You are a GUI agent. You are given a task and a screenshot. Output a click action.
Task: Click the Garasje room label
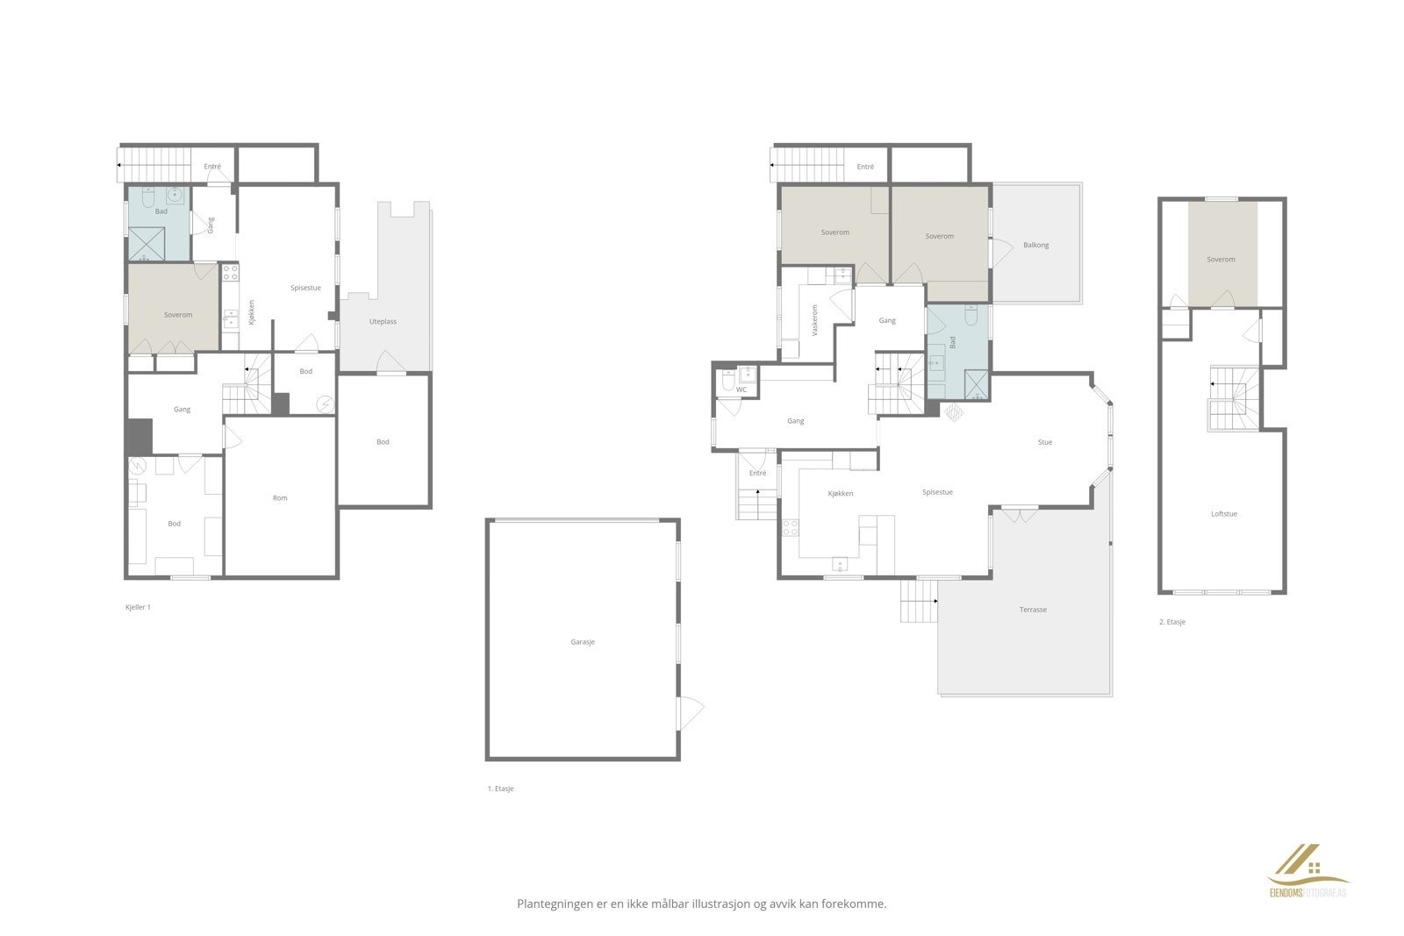coord(583,642)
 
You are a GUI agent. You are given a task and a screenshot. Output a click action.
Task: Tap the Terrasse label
coord(1033,610)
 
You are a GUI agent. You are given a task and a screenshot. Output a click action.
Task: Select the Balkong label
coord(1035,245)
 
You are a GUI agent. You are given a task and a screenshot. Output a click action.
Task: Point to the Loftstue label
coord(1223,514)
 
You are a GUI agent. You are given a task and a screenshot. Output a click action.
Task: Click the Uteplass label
coord(383,322)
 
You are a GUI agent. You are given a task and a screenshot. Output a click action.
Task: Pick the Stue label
coord(1044,442)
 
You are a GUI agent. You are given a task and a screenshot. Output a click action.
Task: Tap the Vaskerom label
coord(815,320)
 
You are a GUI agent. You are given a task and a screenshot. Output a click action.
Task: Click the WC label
coord(741,389)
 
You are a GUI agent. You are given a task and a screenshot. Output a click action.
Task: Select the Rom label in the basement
coord(280,498)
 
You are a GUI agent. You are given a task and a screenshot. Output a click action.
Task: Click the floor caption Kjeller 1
coord(139,607)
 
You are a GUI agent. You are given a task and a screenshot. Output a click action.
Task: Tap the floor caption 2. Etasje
coord(1172,622)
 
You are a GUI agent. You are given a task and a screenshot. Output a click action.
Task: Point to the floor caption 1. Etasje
coord(501,789)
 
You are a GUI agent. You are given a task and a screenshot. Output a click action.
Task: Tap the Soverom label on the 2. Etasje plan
coord(1221,260)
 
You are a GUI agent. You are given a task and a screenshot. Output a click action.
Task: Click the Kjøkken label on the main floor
coord(841,494)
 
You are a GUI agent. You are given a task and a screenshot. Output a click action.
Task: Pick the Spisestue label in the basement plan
coord(306,288)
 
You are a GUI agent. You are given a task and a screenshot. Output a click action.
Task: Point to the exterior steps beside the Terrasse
coord(918,601)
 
